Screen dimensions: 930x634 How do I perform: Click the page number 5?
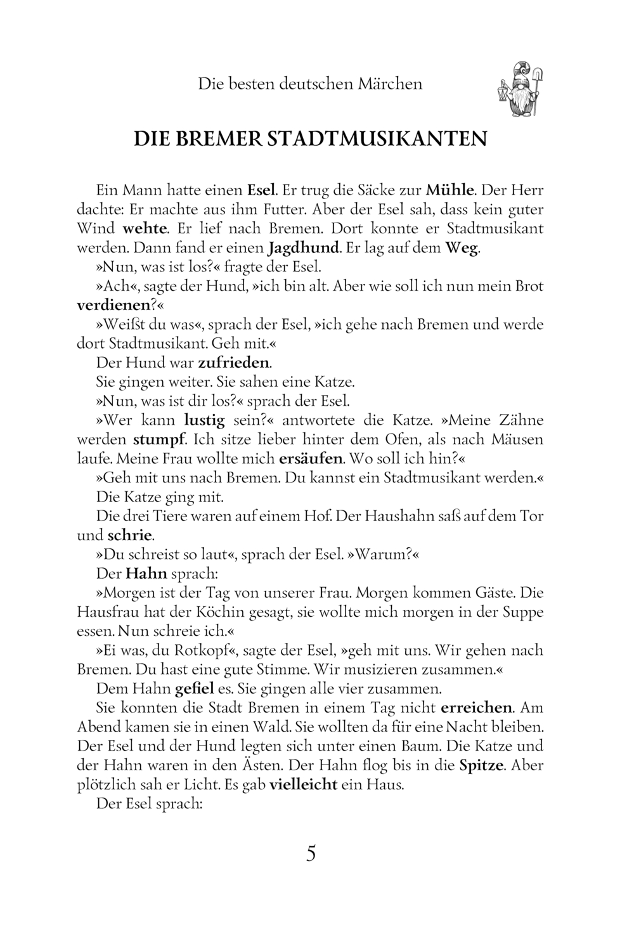311,853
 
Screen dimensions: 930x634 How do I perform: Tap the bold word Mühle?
451,190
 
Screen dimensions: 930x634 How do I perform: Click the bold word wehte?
145,228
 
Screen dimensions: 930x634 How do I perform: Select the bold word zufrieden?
235,363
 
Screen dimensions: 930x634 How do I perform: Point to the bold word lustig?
205,420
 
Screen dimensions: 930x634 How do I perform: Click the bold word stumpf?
159,439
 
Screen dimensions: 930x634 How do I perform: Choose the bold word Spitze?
482,765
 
